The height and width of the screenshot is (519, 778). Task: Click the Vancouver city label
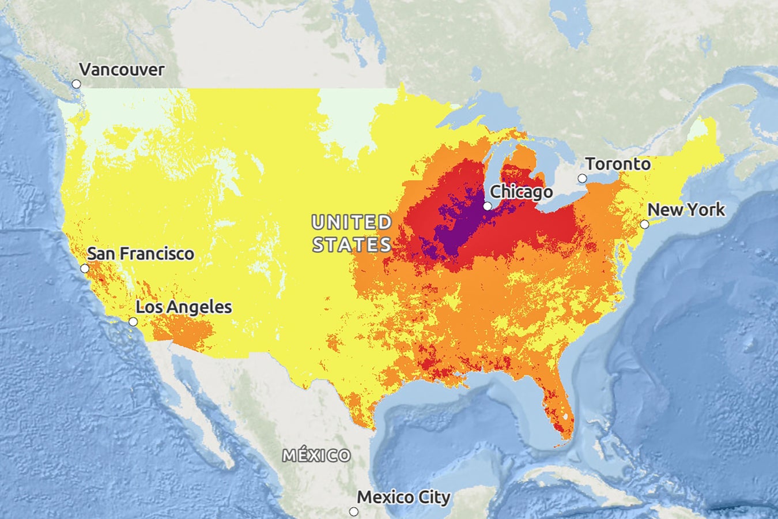pos(122,70)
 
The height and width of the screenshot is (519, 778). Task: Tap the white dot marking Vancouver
pos(76,84)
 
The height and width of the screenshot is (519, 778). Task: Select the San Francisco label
pos(141,254)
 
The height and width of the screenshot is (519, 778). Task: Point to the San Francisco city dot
pos(85,268)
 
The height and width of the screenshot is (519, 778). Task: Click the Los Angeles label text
pos(184,307)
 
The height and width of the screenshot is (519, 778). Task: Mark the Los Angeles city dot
pos(133,322)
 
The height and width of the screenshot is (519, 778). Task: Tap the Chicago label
pos(521,191)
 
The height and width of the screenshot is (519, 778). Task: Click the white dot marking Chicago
pos(488,206)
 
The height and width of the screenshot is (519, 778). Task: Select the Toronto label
pos(618,164)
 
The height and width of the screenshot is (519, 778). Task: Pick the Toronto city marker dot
pos(582,179)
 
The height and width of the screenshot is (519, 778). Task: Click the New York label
pos(686,209)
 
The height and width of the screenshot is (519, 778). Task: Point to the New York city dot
pos(645,224)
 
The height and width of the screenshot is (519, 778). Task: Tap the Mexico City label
pos(403,497)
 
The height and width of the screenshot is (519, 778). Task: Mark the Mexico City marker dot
pos(354,512)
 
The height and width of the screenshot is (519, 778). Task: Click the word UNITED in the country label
pos(352,222)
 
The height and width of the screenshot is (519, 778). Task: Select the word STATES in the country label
pos(352,245)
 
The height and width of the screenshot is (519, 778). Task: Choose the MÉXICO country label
pos(316,456)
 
